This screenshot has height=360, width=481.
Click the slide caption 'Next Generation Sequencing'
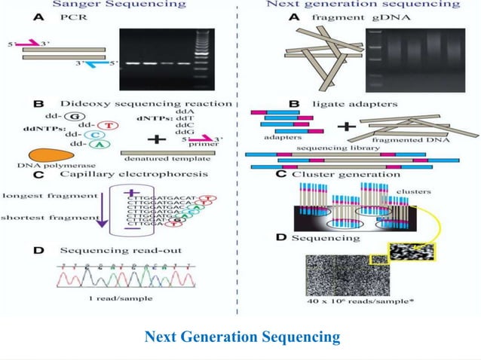pos(241,336)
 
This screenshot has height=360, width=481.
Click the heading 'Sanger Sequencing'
pos(124,5)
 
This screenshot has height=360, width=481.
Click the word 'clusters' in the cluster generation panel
pos(413,191)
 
